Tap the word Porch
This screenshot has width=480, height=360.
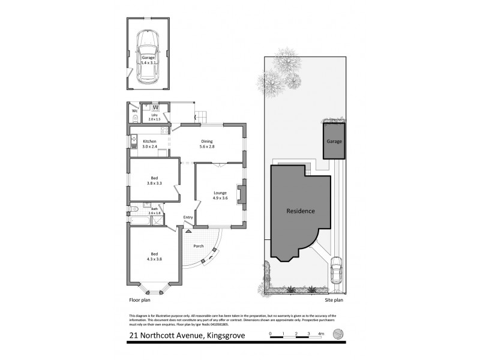click(199, 245)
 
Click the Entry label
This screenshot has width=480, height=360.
click(188, 217)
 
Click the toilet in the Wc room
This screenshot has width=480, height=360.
click(134, 119)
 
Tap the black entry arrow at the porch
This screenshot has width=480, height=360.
click(188, 230)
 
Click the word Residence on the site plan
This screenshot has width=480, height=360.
click(301, 211)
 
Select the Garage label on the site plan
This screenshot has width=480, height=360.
click(334, 142)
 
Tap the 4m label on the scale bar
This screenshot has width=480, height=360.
click(321, 333)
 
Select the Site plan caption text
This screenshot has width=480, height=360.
click(334, 299)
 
